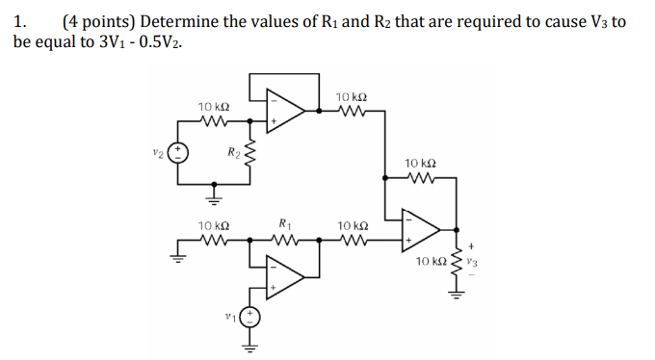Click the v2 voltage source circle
[x=180, y=152]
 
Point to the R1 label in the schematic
[x=283, y=223]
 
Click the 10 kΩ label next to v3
[x=431, y=261]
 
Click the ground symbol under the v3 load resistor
[x=449, y=294]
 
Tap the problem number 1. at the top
[x=23, y=19]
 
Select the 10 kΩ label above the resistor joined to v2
[x=212, y=105]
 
